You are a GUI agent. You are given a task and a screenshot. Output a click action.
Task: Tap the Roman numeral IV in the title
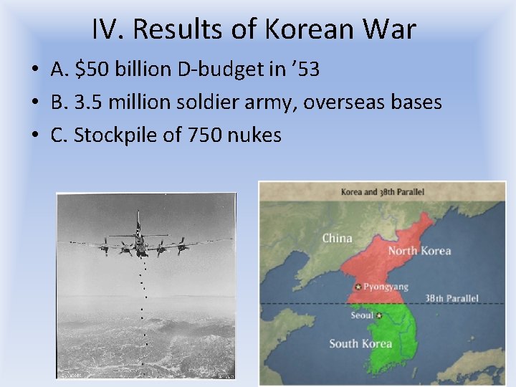[x=106, y=29]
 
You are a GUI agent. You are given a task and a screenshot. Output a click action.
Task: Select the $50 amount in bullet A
[x=91, y=70]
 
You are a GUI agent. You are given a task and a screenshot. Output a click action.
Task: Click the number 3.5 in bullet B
[x=87, y=102]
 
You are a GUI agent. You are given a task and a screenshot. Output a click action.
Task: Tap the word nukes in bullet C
[x=255, y=135]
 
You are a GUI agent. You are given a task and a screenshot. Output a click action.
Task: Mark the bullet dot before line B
[x=34, y=103]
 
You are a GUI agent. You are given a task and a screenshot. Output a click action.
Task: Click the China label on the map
[x=337, y=238]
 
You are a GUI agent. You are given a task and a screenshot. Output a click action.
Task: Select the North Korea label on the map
[x=419, y=251]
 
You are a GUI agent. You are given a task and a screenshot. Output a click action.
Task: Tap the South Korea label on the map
[x=360, y=343]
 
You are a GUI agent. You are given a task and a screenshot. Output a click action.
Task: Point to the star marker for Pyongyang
[x=358, y=287]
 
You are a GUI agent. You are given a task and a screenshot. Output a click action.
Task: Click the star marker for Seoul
[x=379, y=315]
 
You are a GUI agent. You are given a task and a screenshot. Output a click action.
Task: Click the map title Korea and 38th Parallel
[x=382, y=192]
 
